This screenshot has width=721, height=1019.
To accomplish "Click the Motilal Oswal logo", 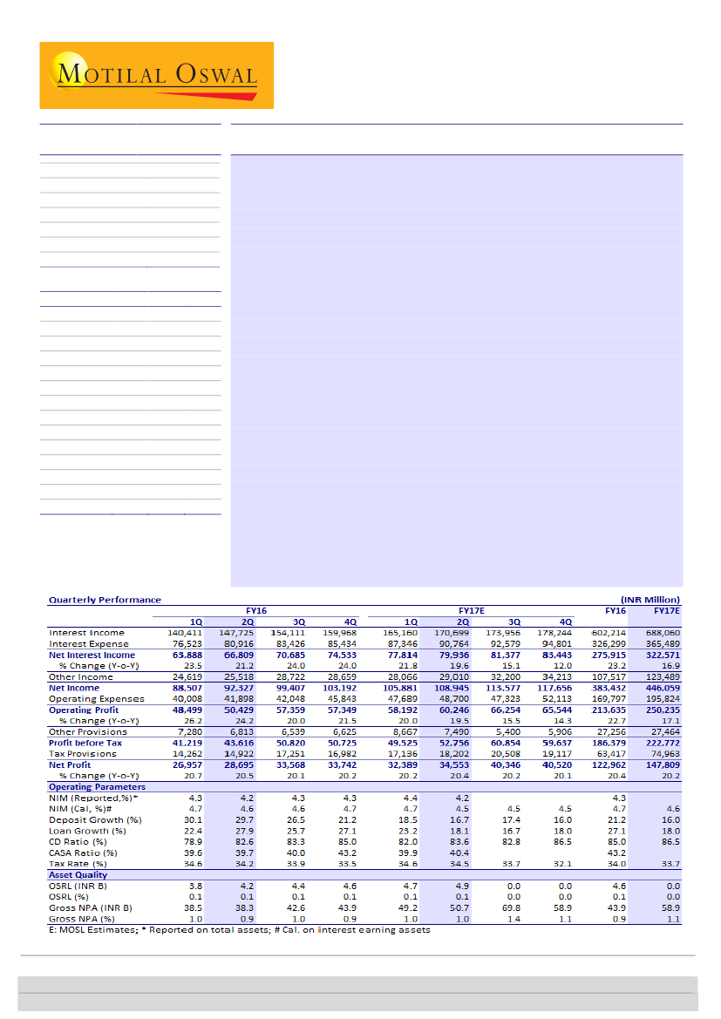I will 156,75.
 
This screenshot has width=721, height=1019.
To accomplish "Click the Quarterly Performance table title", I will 105,600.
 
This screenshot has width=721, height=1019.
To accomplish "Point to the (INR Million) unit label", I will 650,600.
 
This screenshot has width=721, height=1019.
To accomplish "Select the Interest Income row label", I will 86,633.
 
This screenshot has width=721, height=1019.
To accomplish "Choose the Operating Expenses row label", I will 95,699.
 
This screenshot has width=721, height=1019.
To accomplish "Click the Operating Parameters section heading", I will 97,787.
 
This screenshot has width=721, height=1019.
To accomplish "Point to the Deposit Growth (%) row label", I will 95,820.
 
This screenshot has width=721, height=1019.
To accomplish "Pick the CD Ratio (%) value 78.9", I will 193,842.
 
